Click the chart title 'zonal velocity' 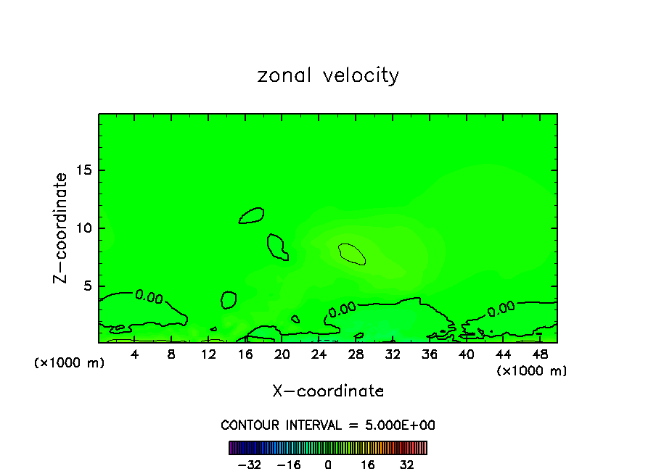328,75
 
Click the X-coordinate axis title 328,391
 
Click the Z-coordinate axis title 62,228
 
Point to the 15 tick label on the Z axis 83,170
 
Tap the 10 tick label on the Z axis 83,228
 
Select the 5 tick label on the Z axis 87,286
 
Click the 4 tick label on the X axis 135,354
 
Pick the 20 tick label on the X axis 282,354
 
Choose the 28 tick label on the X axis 356,354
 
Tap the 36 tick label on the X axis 430,354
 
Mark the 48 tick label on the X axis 540,354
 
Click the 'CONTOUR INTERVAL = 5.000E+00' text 328,425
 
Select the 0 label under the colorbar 328,465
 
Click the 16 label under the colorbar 367,465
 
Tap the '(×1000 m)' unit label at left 70,363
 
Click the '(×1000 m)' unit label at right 532,371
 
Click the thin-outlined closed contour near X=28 351,253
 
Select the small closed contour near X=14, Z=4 229,299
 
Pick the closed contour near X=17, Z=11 252,215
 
